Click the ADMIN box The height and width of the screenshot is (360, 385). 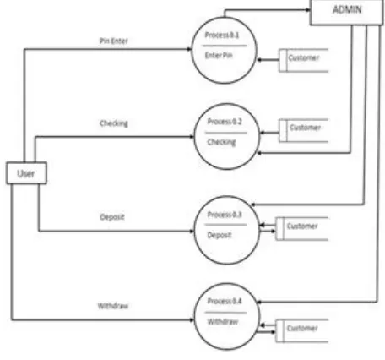pos(347,13)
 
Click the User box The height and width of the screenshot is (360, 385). pos(26,173)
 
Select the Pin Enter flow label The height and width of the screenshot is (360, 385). pos(114,41)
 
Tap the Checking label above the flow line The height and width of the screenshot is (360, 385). pos(114,123)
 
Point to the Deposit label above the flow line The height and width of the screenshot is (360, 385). pos(112,217)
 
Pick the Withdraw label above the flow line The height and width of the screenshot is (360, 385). pos(113,306)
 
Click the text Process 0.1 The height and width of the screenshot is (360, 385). pos(222,35)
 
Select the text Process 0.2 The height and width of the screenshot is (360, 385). pos(225,122)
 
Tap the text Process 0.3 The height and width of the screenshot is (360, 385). pos(225,215)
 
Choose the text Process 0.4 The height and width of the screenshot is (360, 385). pos(225,301)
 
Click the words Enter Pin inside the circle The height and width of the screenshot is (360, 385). pos(219,56)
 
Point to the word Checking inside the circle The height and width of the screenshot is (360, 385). pos(221,142)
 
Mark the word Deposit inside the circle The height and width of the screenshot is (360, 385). pos(220,235)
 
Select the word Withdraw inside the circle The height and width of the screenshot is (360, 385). pos(223,322)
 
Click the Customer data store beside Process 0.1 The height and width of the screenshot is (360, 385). pos(303,60)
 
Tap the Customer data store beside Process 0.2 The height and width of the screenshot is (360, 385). pos(303,130)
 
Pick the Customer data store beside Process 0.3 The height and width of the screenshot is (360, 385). pos(301,229)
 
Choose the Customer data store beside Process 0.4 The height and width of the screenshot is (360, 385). pos(301,330)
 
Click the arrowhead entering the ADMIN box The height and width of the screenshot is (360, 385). pos(308,10)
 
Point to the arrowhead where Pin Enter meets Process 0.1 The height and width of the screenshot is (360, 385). pos(190,49)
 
